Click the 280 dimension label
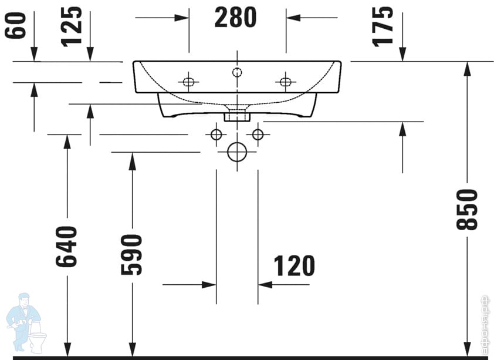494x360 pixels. click(x=235, y=18)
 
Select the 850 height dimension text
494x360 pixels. click(x=469, y=209)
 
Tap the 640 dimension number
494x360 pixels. click(x=67, y=246)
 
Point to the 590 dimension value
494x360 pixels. click(x=132, y=254)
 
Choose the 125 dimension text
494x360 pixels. click(x=72, y=26)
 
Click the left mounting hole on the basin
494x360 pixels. click(x=188, y=82)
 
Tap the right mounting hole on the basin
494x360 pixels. click(x=286, y=82)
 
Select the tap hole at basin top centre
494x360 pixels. click(x=237, y=72)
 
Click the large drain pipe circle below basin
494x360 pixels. click(x=237, y=152)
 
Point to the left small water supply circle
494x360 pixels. click(x=216, y=134)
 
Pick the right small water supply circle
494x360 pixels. click(x=258, y=134)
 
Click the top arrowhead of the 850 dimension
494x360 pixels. click(x=468, y=68)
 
